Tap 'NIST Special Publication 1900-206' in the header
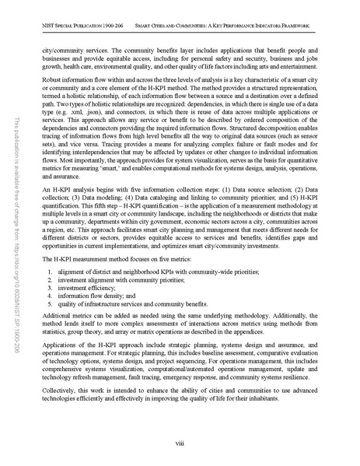coord(79,26)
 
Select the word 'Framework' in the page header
coord(299,26)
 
